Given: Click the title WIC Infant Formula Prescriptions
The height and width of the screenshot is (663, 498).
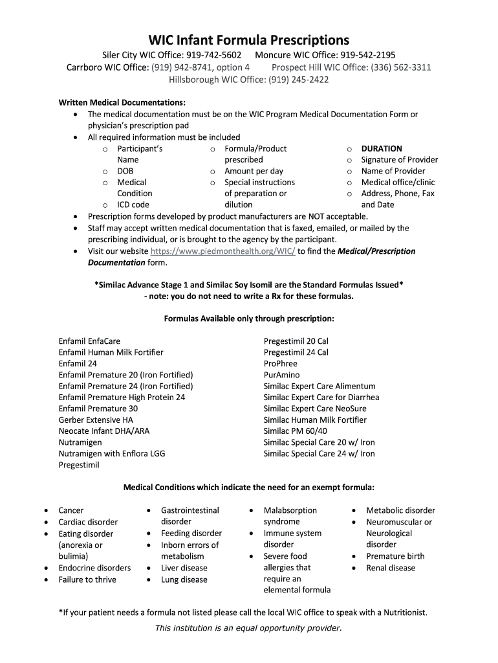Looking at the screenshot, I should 249,39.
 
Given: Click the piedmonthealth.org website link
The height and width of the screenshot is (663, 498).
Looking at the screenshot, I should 222,251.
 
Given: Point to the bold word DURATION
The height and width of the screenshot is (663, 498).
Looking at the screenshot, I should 382,148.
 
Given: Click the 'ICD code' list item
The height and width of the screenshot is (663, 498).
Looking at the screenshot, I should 133,205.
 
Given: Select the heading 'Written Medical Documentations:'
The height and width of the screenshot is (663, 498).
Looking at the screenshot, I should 122,102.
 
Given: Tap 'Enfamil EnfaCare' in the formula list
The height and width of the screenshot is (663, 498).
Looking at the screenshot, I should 89,341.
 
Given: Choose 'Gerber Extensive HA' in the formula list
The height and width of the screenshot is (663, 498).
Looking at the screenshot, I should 96,420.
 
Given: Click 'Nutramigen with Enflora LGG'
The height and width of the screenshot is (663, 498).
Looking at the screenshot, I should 112,454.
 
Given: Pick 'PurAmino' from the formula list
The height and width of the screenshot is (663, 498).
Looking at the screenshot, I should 281,375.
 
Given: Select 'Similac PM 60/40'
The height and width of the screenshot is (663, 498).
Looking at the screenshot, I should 296,431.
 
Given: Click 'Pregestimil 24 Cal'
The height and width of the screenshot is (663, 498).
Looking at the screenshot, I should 296,352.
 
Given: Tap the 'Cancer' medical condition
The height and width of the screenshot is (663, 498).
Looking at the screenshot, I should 71,511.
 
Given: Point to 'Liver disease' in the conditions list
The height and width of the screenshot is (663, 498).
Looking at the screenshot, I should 184,568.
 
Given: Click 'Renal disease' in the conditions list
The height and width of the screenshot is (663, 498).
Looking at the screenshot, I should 391,568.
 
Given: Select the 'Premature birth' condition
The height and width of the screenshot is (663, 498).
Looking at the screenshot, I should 395,556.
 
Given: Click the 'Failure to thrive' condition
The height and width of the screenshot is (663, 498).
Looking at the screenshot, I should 87,579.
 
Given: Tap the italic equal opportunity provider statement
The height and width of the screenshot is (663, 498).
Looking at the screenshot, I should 248,628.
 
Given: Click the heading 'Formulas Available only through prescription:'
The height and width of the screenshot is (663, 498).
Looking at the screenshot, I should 249,319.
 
